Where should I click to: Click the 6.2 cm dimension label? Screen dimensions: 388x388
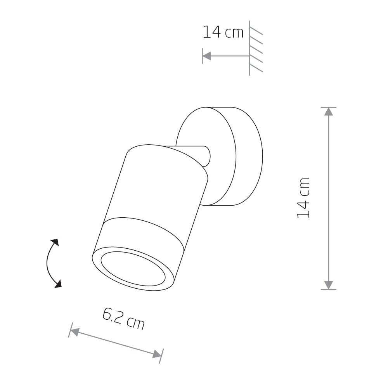coord(123,319)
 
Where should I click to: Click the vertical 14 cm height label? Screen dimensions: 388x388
coord(303,198)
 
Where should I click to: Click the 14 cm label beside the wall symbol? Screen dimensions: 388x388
coord(223,32)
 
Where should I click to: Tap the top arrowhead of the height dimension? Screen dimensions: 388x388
coord(328,112)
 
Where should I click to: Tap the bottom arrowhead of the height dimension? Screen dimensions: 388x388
coord(328,285)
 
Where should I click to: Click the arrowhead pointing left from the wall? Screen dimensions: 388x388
coord(207,56)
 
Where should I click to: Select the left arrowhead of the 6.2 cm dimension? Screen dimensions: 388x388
coord(74,331)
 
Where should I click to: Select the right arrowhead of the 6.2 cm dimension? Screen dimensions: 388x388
coord(157,354)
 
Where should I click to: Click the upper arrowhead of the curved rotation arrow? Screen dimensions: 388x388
coord(55,242)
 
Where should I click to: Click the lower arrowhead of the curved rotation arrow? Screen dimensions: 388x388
coord(58,284)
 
